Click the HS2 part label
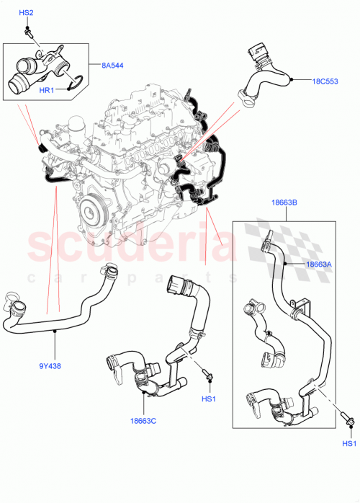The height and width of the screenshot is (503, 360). point(26,13)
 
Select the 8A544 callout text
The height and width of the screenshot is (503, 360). point(112,66)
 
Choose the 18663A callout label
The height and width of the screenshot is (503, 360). point(319,265)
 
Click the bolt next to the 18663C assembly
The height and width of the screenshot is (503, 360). point(207,375)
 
